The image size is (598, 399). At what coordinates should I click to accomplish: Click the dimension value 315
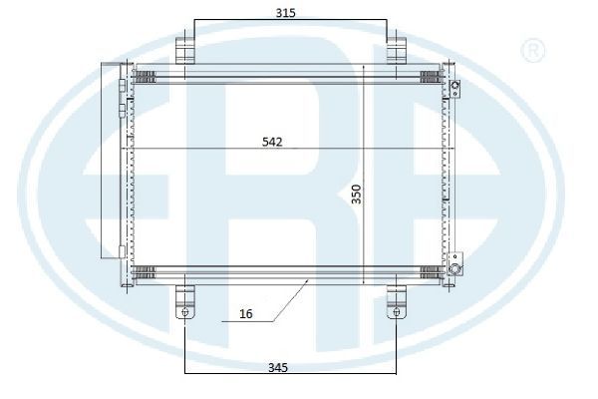click(286, 13)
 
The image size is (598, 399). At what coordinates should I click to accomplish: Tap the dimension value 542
click(272, 142)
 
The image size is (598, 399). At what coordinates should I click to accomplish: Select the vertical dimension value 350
click(356, 194)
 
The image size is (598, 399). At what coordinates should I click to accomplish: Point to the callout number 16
click(246, 314)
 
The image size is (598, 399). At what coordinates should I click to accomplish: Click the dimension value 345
click(278, 368)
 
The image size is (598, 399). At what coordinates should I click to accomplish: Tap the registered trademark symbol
click(532, 51)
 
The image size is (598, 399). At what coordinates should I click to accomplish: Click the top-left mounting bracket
click(185, 50)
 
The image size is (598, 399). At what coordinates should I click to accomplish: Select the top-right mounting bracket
click(397, 50)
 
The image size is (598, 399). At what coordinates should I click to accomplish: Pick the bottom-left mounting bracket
click(185, 302)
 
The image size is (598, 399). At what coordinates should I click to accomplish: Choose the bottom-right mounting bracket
click(397, 302)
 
